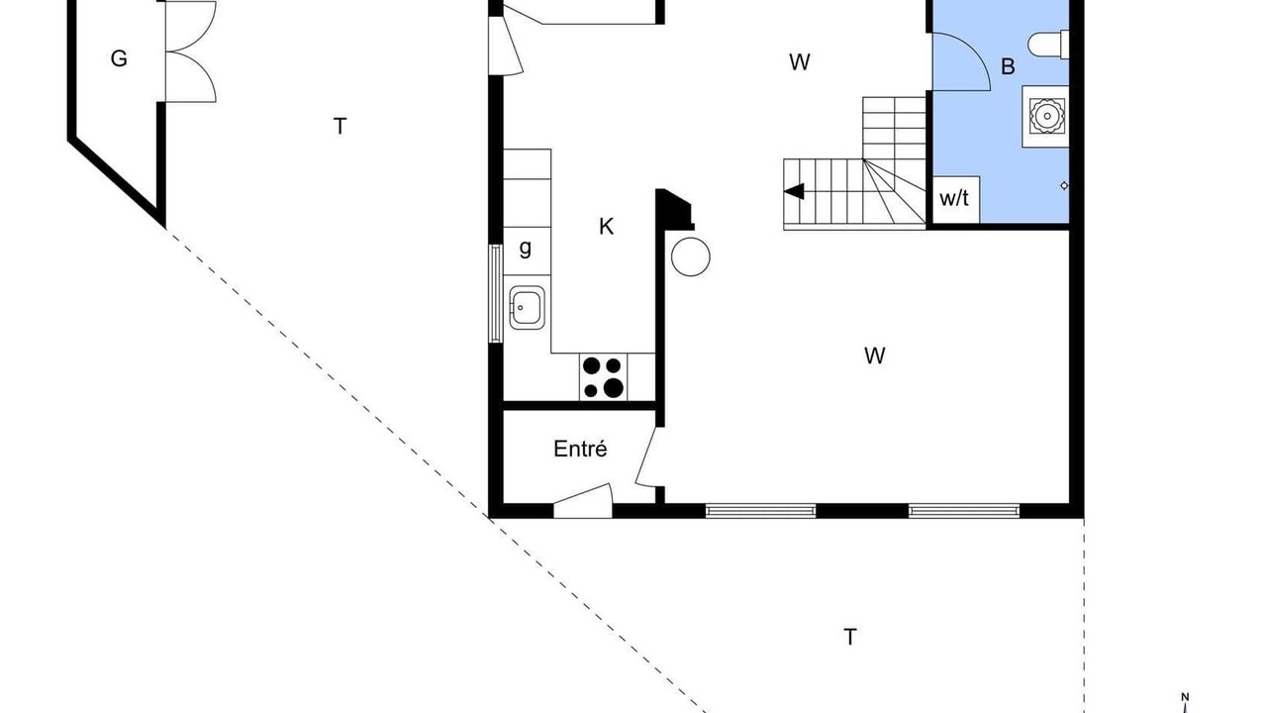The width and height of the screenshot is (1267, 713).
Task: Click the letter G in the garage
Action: pyautogui.click(x=119, y=58)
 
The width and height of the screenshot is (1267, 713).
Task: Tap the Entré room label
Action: pyautogui.click(x=580, y=449)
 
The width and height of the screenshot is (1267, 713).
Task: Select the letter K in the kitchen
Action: pyautogui.click(x=606, y=227)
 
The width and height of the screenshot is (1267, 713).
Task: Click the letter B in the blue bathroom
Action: pyautogui.click(x=1008, y=66)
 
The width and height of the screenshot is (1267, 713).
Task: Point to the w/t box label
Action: pyautogui.click(x=954, y=198)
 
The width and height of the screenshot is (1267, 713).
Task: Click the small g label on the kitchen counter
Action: pyautogui.click(x=526, y=249)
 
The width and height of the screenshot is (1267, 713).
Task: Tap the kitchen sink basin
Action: pyautogui.click(x=528, y=307)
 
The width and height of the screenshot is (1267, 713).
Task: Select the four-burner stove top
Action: pyautogui.click(x=603, y=377)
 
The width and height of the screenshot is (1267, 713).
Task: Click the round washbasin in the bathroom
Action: pyautogui.click(x=1047, y=117)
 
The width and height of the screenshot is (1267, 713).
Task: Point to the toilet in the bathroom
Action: pyautogui.click(x=1048, y=45)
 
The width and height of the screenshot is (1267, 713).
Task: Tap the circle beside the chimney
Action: pyautogui.click(x=691, y=256)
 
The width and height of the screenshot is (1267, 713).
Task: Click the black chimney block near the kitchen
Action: pyautogui.click(x=674, y=209)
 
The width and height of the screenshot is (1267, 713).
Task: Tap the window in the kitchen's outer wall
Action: pyautogui.click(x=496, y=293)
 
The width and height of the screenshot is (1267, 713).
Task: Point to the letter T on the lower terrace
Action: pyautogui.click(x=849, y=637)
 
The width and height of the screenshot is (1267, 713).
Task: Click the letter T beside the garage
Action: pyautogui.click(x=340, y=126)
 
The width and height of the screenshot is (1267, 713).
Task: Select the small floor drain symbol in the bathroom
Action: pyautogui.click(x=1064, y=185)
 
